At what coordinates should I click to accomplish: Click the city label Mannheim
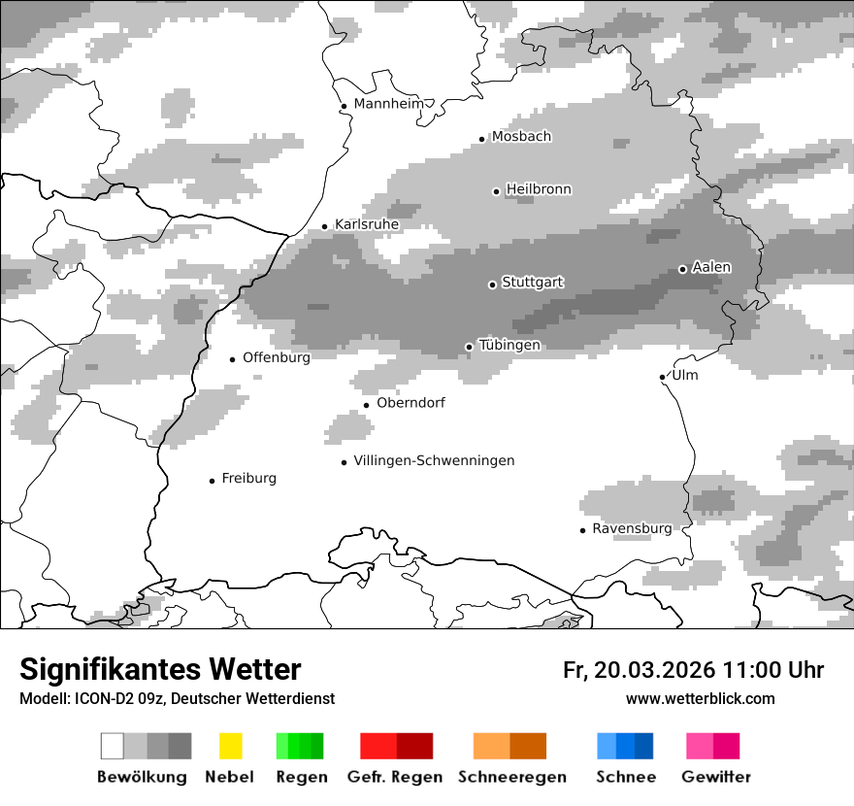[389, 104]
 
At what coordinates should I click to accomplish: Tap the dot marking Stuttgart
[492, 285]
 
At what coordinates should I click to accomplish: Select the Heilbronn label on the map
[539, 189]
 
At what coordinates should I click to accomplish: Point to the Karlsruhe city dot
[325, 227]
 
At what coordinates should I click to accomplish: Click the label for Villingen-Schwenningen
[434, 460]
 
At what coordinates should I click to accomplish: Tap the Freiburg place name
[248, 478]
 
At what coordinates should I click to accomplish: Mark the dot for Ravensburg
[582, 530]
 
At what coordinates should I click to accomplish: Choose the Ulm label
[684, 375]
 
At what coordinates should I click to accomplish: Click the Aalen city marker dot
[682, 269]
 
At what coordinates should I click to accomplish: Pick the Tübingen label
[509, 345]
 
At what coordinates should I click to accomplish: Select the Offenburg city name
[277, 357]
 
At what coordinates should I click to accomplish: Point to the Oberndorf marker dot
[366, 405]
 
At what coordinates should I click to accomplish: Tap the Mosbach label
[521, 137]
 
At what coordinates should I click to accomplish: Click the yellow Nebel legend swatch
[230, 746]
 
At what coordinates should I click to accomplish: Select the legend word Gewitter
[716, 777]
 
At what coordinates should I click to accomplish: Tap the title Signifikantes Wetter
[160, 670]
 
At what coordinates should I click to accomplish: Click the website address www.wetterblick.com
[701, 698]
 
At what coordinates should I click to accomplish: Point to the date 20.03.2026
[655, 670]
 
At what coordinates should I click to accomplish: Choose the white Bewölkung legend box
[113, 746]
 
